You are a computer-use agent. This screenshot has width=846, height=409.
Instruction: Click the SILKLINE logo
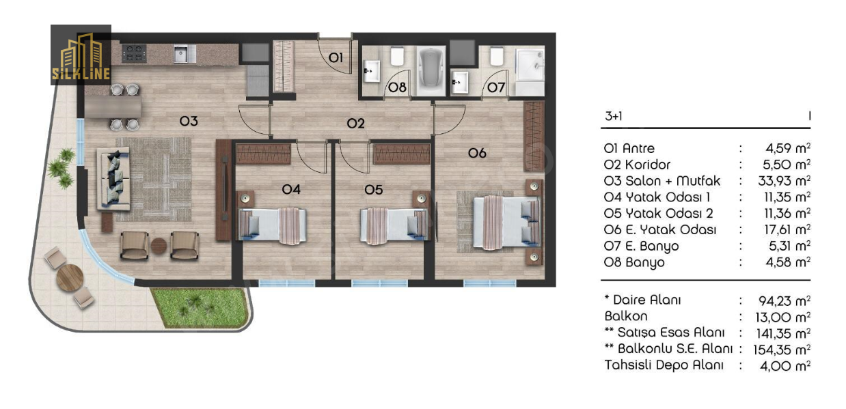tap(81, 55)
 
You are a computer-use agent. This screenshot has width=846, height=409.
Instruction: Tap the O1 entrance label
tap(336, 58)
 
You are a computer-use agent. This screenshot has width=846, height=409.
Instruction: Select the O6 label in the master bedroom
tap(477, 153)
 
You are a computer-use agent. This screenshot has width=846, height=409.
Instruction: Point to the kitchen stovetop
tap(134, 53)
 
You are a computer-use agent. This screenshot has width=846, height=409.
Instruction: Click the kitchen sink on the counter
tap(185, 54)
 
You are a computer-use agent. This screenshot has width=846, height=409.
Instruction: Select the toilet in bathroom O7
tap(497, 57)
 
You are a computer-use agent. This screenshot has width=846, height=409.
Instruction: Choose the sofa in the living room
tap(113, 179)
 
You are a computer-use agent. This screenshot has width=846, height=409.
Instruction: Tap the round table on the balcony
tap(70, 277)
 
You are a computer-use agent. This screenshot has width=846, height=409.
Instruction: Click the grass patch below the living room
tap(200, 307)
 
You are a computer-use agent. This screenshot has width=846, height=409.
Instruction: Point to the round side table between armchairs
tap(159, 246)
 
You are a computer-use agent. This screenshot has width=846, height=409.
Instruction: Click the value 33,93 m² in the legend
tap(784, 181)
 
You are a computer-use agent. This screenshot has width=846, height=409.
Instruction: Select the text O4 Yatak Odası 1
tap(657, 197)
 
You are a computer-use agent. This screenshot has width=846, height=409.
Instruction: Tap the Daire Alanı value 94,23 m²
tap(784, 300)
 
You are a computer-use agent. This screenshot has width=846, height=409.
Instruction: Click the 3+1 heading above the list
tap(614, 116)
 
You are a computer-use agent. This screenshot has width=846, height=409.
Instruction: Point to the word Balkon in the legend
tap(626, 316)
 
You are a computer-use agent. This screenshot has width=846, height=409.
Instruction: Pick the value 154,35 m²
tap(782, 350)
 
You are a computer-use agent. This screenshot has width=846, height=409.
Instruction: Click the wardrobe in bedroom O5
tap(402, 154)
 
